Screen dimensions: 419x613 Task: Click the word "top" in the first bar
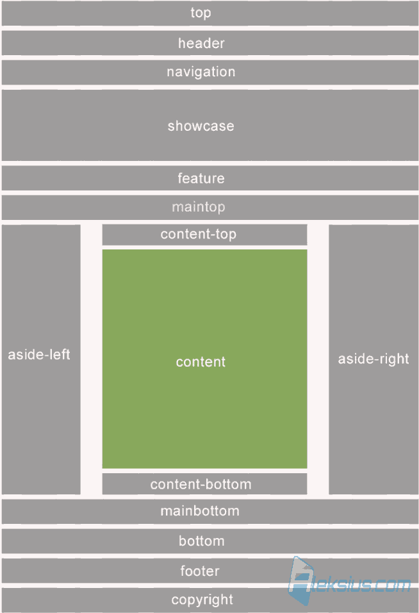pos(201,13)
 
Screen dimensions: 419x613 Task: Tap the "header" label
pos(201,43)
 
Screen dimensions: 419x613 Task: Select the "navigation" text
pos(201,72)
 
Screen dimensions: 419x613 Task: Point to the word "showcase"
pos(201,126)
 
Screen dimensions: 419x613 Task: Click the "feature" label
pos(201,178)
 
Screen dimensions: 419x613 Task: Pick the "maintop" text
pos(199,207)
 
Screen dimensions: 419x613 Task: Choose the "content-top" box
pos(204,235)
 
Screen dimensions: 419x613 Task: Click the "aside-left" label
pos(39,355)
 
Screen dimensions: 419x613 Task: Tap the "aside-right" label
pos(374,359)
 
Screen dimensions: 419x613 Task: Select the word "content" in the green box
pos(201,362)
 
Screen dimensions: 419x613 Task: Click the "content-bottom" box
pos(204,484)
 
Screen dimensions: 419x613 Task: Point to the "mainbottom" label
pos(200,511)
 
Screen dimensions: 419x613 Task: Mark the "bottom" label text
pos(202,541)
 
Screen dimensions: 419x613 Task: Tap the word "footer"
pos(199,571)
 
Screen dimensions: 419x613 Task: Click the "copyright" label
pos(202,600)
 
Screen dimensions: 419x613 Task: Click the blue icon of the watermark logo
pos(300,581)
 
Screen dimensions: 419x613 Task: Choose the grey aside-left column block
pos(41,360)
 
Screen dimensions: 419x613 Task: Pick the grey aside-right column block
pos(374,360)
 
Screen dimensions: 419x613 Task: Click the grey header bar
pos(210,43)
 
